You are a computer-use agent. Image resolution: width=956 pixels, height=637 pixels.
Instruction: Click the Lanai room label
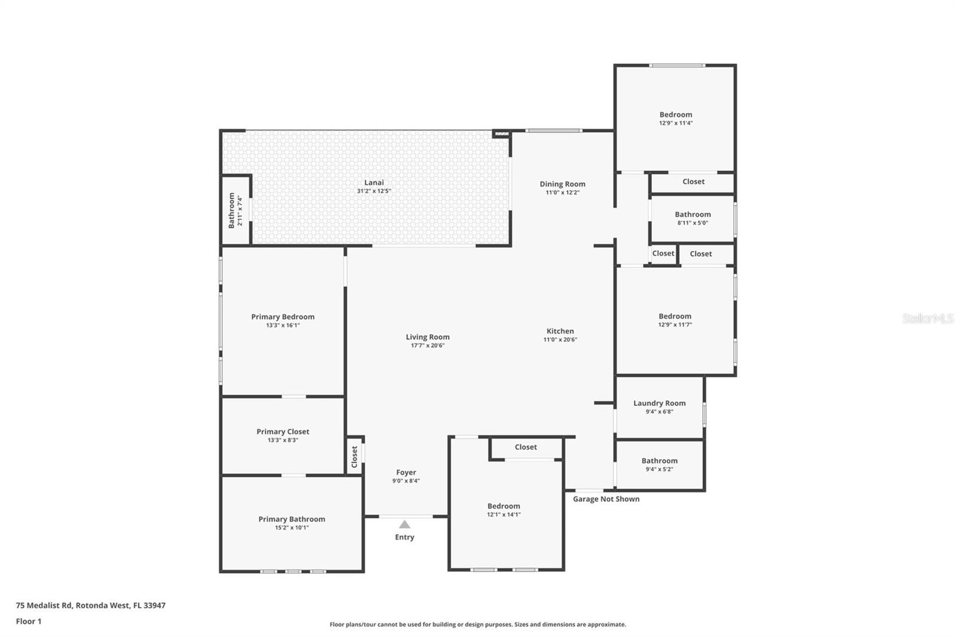[374, 183]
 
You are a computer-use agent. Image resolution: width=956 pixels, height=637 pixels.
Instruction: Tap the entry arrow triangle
[405, 525]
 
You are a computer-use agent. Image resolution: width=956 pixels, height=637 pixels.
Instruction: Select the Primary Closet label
[283, 431]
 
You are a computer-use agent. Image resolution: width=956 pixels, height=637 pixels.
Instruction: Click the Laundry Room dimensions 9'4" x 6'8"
[659, 412]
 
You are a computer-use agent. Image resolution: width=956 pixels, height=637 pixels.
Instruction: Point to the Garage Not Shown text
[606, 499]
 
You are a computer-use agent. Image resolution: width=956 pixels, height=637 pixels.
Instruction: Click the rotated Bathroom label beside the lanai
[232, 210]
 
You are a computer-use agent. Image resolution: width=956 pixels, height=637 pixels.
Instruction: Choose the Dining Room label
[562, 184]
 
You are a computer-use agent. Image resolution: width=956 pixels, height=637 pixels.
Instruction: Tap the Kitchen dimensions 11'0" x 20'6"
[560, 340]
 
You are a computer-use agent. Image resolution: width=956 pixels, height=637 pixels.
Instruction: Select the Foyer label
[406, 472]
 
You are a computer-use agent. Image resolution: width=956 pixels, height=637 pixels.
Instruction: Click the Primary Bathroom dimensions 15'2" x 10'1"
[292, 528]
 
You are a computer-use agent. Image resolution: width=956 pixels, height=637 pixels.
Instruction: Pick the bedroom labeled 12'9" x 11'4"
[676, 115]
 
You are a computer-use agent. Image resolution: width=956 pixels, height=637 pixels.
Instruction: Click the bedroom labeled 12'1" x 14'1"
[503, 506]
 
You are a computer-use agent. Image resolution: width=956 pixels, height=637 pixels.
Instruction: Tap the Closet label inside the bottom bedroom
[526, 447]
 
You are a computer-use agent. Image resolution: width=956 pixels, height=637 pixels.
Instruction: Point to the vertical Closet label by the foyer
[354, 457]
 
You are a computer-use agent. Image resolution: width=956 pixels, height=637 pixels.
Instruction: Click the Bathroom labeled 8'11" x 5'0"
[693, 215]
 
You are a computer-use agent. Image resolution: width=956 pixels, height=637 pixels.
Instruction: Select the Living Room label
[427, 337]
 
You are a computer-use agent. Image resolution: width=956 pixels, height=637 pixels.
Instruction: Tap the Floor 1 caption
[29, 621]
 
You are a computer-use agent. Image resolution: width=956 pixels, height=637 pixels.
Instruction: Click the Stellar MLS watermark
[927, 318]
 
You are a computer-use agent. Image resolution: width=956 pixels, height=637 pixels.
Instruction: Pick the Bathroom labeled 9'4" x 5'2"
[659, 461]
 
